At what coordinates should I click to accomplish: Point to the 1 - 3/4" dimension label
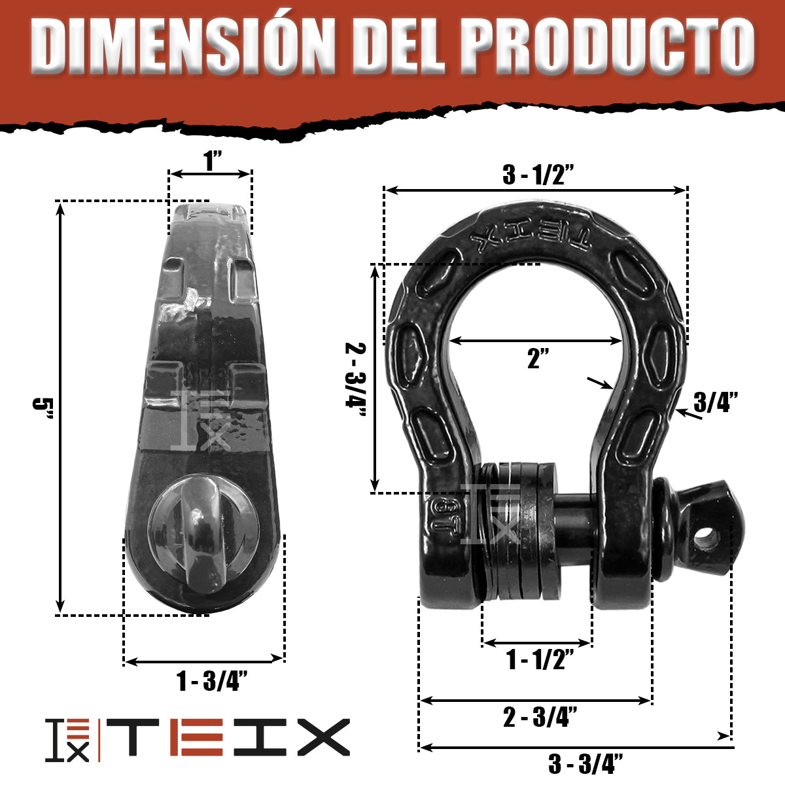[211, 682]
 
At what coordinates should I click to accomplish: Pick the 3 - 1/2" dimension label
[538, 175]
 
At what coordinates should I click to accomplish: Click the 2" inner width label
[537, 358]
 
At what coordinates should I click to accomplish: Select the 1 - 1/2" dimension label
[540, 659]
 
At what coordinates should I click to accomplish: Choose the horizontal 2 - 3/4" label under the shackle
[540, 717]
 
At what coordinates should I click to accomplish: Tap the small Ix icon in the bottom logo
[67, 739]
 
